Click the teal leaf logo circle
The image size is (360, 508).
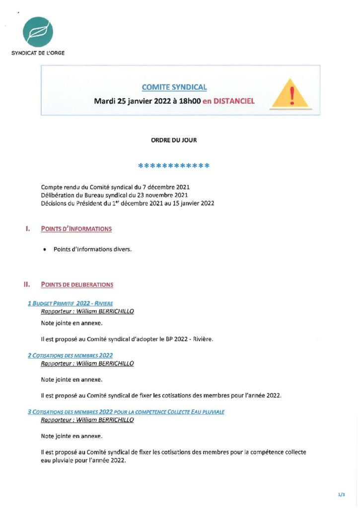[38, 32]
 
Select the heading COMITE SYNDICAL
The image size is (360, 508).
[174, 87]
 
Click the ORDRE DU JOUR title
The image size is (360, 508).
[174, 140]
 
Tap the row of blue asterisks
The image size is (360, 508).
[174, 166]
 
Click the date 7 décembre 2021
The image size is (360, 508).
[166, 187]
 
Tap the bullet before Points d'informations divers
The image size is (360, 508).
[46, 250]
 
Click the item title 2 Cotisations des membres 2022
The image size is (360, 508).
[70, 355]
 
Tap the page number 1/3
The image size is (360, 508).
[341, 495]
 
